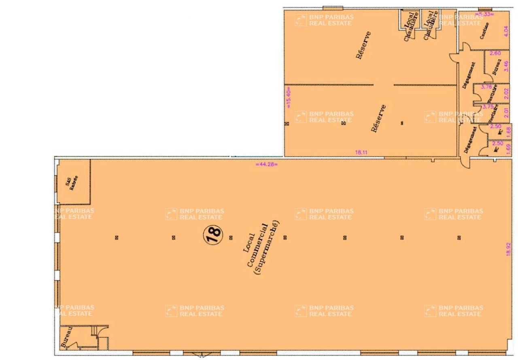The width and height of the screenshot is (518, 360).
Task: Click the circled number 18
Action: (x=213, y=233)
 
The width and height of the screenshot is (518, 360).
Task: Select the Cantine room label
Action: (x=484, y=30)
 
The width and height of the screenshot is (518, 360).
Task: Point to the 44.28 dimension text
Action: (x=267, y=164)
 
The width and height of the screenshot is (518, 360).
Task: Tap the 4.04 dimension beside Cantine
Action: (x=505, y=31)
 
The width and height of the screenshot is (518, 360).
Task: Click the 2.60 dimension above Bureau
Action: (x=495, y=53)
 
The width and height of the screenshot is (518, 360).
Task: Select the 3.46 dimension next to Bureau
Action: (x=505, y=66)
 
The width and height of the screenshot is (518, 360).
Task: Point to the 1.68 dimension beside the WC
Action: (x=509, y=130)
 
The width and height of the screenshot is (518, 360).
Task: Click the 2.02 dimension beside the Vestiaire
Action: (x=505, y=94)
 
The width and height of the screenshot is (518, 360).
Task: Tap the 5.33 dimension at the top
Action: (x=486, y=14)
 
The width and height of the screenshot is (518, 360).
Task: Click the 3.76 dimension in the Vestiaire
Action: (x=486, y=86)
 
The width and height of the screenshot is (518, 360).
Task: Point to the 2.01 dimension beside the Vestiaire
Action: (x=505, y=111)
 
